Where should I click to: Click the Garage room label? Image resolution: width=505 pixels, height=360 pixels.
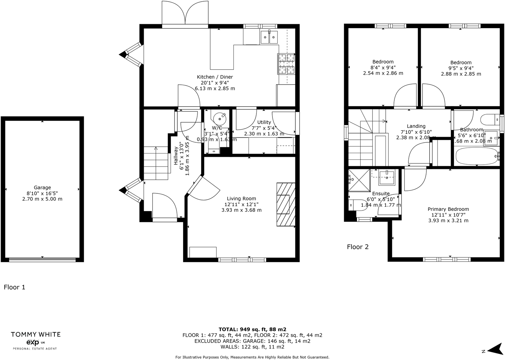[x=42, y=188]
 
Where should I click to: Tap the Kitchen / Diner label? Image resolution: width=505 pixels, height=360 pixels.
[x=215, y=77]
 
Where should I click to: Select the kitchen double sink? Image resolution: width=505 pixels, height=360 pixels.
[x=269, y=37]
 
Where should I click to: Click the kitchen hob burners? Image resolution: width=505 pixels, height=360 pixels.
[x=286, y=64]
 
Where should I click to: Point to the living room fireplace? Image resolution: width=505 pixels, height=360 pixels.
[x=286, y=204]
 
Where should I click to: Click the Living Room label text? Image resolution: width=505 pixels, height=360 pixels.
[x=241, y=198]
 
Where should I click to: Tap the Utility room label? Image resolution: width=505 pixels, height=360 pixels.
[x=264, y=122]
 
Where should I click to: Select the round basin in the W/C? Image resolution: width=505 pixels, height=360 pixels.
[x=219, y=117]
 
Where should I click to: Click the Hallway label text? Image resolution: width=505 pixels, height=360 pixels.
[x=176, y=155]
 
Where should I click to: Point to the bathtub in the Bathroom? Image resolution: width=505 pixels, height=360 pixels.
[x=477, y=156]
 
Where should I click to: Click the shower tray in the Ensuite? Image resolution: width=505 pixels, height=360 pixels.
[x=359, y=180]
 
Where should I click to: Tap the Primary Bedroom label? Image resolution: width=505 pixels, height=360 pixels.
[x=448, y=209]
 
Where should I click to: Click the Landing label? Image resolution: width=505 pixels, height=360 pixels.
[x=416, y=126]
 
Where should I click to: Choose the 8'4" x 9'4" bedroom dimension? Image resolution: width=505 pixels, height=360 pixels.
[x=383, y=67]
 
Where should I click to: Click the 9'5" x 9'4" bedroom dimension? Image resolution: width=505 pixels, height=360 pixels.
[x=461, y=68]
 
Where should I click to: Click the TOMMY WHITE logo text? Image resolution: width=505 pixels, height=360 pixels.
[x=36, y=334]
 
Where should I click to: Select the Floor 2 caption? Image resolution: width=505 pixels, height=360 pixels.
[x=358, y=247]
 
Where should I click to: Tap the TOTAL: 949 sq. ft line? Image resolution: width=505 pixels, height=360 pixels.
[x=252, y=329]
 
